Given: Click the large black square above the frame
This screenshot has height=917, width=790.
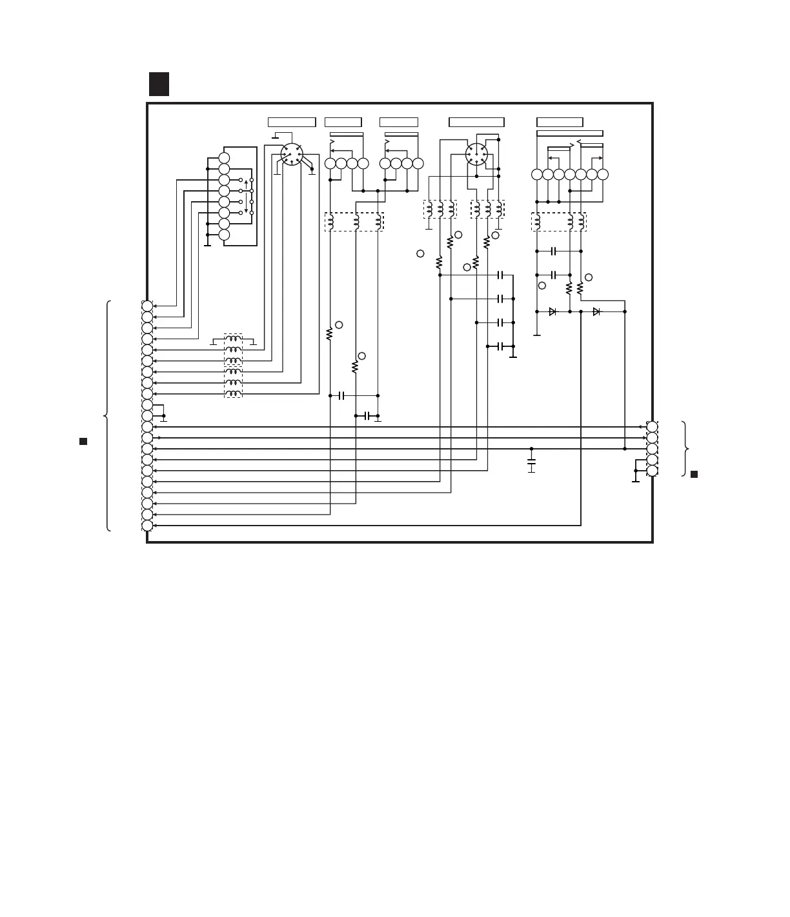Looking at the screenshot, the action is [159, 84].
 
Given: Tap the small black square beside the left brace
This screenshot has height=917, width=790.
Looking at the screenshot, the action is [83, 441].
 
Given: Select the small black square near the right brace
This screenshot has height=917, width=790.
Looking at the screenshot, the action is [694, 474].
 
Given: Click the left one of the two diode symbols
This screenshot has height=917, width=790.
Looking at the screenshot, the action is [552, 311].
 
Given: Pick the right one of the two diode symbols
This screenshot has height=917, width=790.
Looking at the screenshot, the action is [596, 311].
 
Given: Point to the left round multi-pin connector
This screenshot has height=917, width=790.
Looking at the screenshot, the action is [292, 154].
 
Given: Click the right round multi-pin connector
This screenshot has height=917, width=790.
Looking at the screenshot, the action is [476, 154].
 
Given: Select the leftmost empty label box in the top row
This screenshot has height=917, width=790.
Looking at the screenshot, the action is [292, 122].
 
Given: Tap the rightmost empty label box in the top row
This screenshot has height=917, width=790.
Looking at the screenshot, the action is [560, 122].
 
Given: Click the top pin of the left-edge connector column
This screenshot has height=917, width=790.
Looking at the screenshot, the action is [147, 306].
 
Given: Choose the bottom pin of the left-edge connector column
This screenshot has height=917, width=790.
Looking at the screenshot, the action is [147, 525].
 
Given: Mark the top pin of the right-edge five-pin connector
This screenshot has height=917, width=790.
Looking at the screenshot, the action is [653, 427].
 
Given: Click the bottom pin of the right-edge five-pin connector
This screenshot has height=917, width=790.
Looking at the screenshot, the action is [653, 471].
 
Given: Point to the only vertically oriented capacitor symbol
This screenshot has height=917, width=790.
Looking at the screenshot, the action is [531, 463].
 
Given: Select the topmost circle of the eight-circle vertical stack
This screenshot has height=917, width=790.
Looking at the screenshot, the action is [224, 158].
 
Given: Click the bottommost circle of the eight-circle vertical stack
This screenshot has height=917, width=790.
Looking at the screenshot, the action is [224, 235].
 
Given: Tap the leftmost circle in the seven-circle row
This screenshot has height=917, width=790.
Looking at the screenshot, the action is [537, 174].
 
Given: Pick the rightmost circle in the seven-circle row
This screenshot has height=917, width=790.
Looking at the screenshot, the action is [603, 174].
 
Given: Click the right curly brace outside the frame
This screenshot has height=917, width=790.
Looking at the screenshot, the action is [687, 449].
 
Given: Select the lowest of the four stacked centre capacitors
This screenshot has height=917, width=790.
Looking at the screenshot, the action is [501, 346].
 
